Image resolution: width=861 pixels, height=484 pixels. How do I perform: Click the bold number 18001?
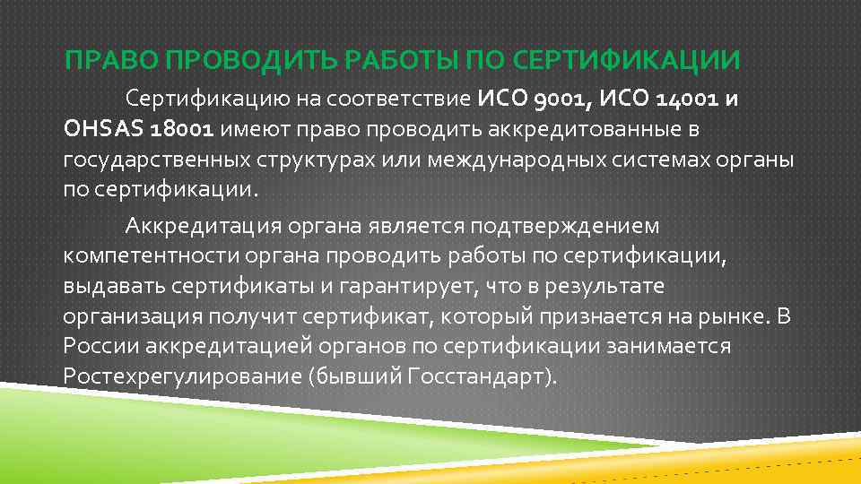point(182,130)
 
